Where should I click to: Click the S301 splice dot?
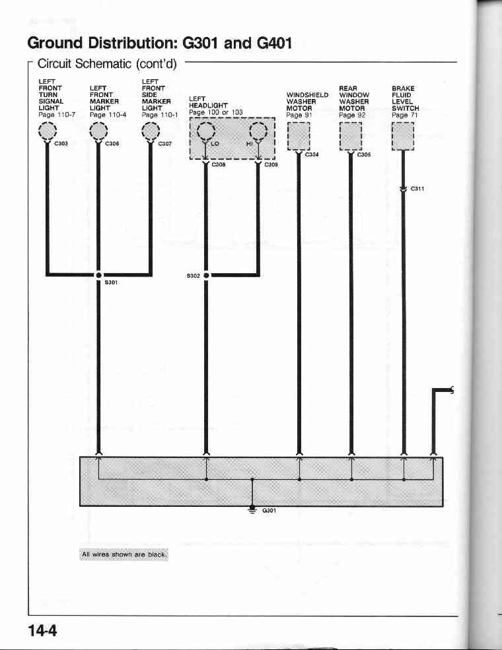coord(98,275)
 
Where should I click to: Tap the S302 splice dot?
coord(206,275)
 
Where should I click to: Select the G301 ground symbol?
coord(252,509)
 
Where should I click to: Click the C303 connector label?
coord(61,143)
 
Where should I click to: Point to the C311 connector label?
coord(417,189)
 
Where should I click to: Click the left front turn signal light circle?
coord(48,131)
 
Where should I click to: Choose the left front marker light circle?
coord(98,131)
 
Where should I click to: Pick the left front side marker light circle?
coord(150,131)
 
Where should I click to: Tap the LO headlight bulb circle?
coord(206,132)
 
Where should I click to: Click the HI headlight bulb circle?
coord(258,132)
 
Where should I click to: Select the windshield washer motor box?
coord(299,137)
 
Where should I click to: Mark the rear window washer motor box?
coord(351,137)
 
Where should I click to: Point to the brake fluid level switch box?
coord(403,137)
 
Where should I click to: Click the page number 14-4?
coord(42,630)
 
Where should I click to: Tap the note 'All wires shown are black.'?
coord(124,554)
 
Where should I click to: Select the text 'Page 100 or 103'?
coord(216,112)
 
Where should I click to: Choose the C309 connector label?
coord(271,164)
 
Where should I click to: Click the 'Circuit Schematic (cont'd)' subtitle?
coord(107,64)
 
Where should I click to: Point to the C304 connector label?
coord(312,154)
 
